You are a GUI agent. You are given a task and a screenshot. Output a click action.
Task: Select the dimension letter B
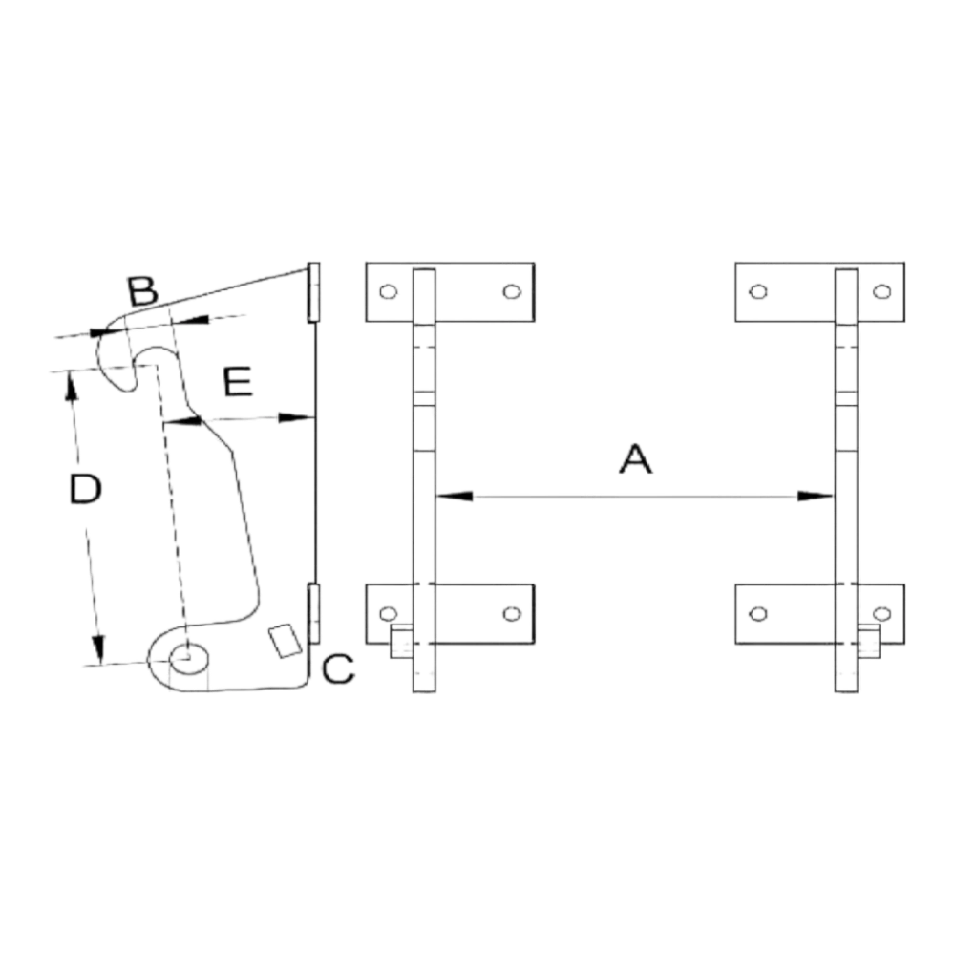[x=142, y=291]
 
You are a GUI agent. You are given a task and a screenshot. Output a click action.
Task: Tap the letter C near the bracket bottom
[x=338, y=668]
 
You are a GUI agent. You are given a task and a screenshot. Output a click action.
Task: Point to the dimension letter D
[x=85, y=489]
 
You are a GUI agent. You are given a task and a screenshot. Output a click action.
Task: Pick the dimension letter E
[x=238, y=382]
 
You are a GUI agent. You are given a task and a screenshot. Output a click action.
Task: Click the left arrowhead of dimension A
[x=455, y=497]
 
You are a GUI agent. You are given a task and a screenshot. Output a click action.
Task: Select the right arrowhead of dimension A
[x=816, y=497]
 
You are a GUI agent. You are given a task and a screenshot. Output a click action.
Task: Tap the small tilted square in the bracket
[x=285, y=641]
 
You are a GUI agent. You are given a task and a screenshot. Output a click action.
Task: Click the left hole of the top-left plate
[x=388, y=291]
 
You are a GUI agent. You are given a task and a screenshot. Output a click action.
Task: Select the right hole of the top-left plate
[x=512, y=291]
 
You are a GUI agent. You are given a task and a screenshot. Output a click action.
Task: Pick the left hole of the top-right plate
[x=758, y=291]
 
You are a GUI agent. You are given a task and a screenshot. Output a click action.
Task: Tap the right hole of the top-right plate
[x=881, y=291]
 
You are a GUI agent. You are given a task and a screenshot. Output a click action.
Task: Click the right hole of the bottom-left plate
[x=512, y=614]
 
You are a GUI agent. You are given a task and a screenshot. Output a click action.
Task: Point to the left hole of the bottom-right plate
[x=758, y=614]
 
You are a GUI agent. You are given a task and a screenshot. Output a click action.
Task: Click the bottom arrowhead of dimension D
[x=98, y=649]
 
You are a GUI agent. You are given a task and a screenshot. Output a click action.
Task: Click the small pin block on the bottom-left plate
[x=402, y=642]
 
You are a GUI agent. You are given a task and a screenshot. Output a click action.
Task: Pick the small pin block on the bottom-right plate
[x=868, y=642]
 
